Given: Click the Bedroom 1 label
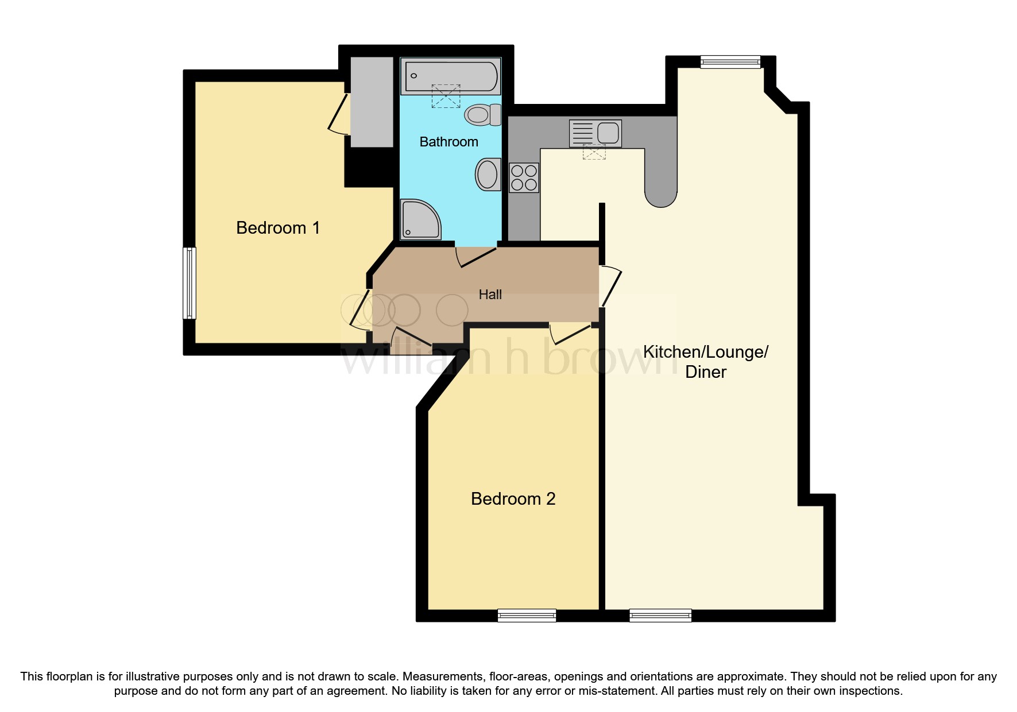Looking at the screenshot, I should pyautogui.click(x=277, y=228).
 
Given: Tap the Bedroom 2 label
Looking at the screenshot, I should pyautogui.click(x=513, y=498).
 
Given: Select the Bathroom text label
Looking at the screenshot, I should pyautogui.click(x=448, y=142).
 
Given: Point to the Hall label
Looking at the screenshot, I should pyautogui.click(x=490, y=295).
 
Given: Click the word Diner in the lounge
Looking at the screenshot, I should pyautogui.click(x=706, y=372).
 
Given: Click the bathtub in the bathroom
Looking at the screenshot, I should pyautogui.click(x=451, y=76).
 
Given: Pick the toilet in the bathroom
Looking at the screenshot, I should pyautogui.click(x=482, y=114).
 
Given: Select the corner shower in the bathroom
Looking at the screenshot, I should pyautogui.click(x=419, y=219).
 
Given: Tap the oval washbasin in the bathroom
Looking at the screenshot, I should pyautogui.click(x=488, y=174).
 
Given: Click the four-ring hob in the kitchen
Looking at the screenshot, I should pyautogui.click(x=524, y=177).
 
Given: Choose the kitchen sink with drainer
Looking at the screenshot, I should pyautogui.click(x=595, y=133).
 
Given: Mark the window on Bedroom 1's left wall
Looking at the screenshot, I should pyautogui.click(x=190, y=283).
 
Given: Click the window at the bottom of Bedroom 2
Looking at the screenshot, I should pyautogui.click(x=527, y=616).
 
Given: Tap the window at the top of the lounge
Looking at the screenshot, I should pyautogui.click(x=730, y=62).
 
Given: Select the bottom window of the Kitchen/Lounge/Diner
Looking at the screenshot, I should pyautogui.click(x=660, y=616).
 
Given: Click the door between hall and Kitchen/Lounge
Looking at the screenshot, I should pyautogui.click(x=610, y=285).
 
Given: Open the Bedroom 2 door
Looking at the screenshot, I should pyautogui.click(x=570, y=332).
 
